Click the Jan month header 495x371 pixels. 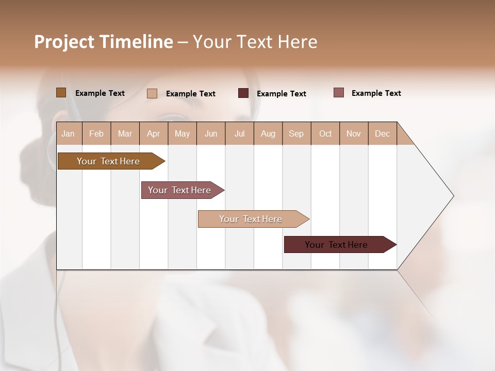pos(68,134)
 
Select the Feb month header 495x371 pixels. pos(96,134)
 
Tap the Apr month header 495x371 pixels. pos(153,134)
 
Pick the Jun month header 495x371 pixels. pos(211,134)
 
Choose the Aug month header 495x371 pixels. pos(268,134)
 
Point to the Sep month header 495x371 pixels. pos(296,134)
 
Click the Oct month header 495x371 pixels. pos(325,134)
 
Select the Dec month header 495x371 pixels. pos(382,134)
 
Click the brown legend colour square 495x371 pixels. pos(61,93)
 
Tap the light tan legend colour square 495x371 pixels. pos(152,93)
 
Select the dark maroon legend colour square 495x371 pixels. pos(243,93)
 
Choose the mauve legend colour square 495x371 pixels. pos(339,93)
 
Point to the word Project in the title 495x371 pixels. pos(63,42)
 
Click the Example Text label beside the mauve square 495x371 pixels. pos(376,93)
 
